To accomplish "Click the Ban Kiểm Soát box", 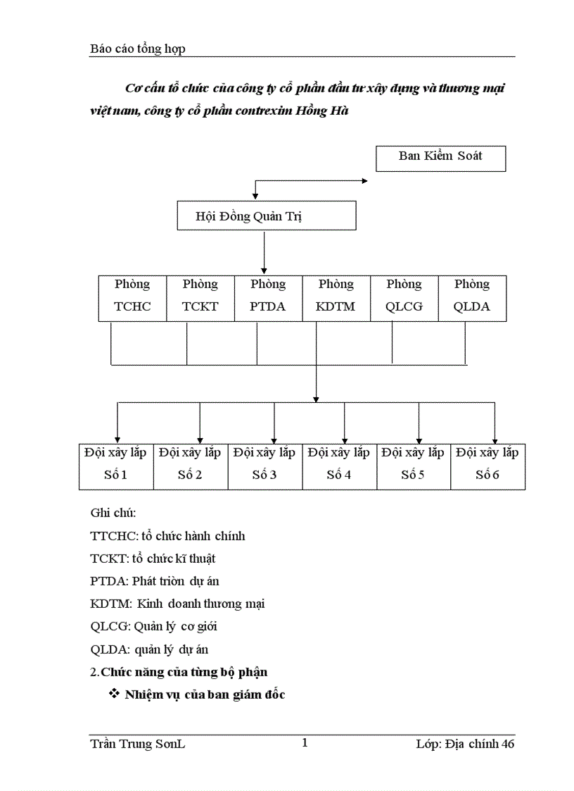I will coord(440,157).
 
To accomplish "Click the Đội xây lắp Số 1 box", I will coord(116,466).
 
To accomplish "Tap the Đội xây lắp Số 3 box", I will coord(265,466).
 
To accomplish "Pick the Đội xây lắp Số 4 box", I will coord(340,466).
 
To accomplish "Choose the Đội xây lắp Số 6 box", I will coord(487,466).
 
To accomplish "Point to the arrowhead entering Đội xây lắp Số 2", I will coord(200,438).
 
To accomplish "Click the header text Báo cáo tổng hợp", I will coord(138,49).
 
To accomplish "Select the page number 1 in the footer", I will coord(305,742).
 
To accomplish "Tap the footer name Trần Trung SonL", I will coord(138,744).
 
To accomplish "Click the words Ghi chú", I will coord(113,513).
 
